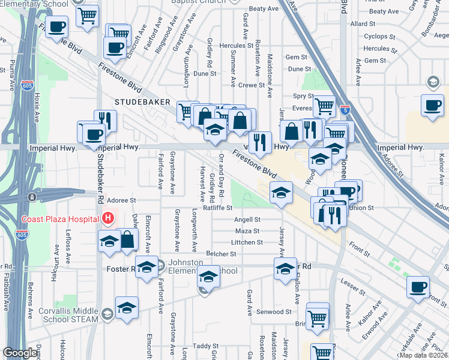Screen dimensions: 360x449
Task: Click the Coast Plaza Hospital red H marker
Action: pos(108,218)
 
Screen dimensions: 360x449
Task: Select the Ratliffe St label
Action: pos(217,209)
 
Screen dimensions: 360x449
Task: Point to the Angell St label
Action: pos(247,220)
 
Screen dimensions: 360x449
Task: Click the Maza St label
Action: pos(247,231)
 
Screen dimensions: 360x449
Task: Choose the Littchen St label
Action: pos(247,242)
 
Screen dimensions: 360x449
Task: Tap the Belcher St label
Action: pos(221,254)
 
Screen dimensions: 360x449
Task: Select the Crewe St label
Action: pos(251,85)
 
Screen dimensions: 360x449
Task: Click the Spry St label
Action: pos(303,96)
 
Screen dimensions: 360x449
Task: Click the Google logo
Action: pos(20,353)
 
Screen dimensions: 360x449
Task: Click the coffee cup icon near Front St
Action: pos(418,286)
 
